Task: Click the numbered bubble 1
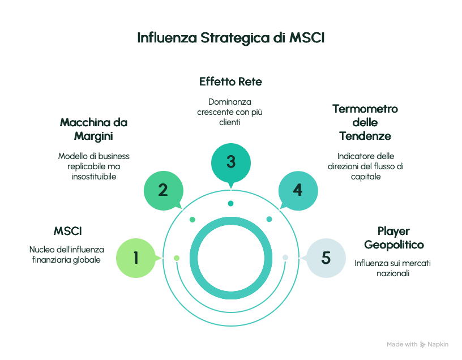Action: [x=136, y=258]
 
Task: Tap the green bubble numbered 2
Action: [x=163, y=190]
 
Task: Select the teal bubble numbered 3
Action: [x=230, y=162]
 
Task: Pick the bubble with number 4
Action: [x=298, y=190]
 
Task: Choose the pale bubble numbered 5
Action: [x=326, y=258]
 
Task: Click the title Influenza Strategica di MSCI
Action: [x=231, y=38]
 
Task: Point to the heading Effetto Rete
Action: [x=230, y=82]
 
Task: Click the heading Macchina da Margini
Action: [x=94, y=129]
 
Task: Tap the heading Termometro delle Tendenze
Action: [x=365, y=122]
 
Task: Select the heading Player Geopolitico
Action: [x=394, y=238]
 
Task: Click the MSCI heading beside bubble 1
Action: [x=68, y=231]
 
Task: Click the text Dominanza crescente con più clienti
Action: [x=230, y=112]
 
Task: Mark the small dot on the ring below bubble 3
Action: [x=231, y=203]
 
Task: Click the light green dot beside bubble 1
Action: [x=177, y=258]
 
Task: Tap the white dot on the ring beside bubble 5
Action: [x=285, y=258]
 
